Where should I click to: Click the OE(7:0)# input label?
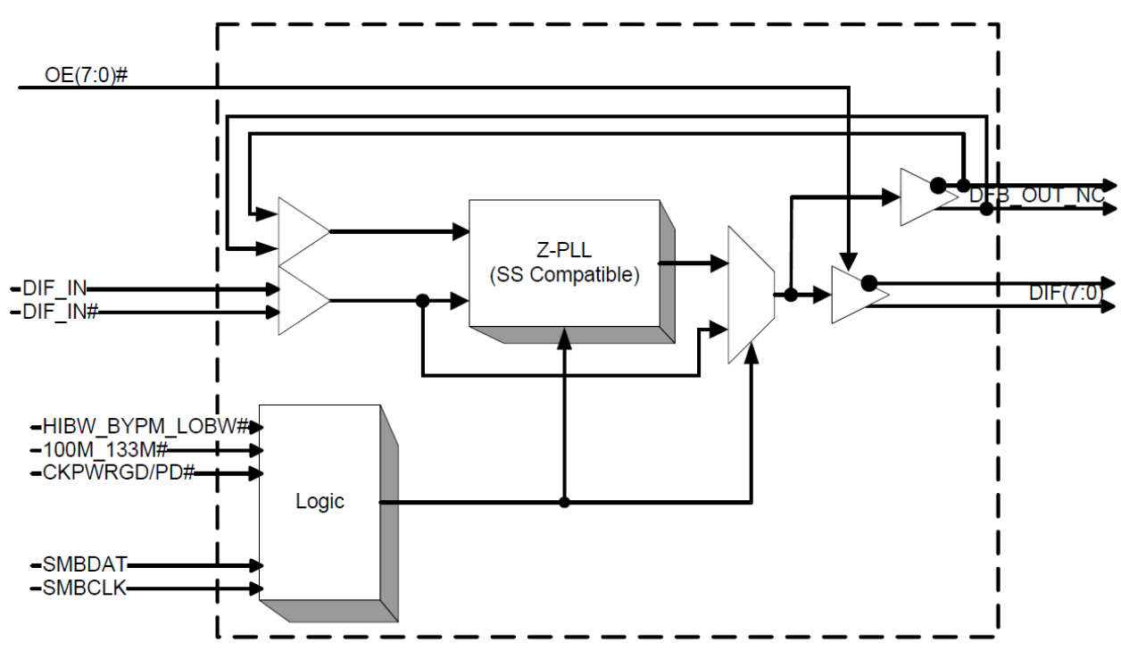(x=86, y=74)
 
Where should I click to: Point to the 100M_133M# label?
(x=107, y=450)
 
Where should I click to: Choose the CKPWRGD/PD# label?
(x=119, y=472)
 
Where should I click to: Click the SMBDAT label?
(x=85, y=564)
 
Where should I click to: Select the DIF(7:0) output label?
(x=1066, y=293)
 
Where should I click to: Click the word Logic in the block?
(x=320, y=502)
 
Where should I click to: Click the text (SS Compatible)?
(x=564, y=275)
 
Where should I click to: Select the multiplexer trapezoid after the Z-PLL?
(x=750, y=295)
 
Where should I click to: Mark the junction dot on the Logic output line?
(x=564, y=502)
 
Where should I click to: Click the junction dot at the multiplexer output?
(x=791, y=294)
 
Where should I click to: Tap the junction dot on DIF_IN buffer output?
(x=422, y=301)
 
